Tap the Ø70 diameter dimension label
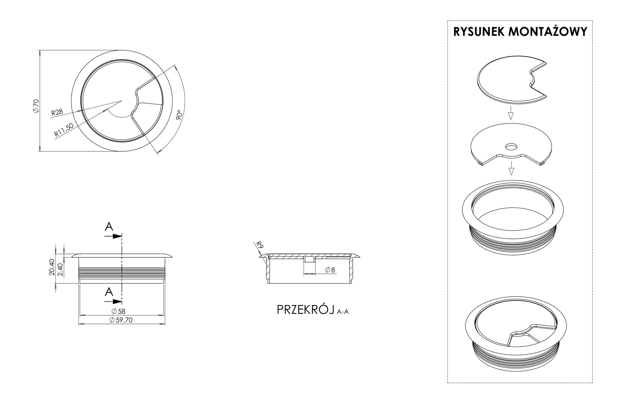(36, 106)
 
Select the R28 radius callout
(57, 112)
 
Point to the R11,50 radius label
(64, 130)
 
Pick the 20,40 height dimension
(52, 267)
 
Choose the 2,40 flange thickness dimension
(60, 270)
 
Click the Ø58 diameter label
(118, 311)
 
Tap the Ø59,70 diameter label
(121, 320)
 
